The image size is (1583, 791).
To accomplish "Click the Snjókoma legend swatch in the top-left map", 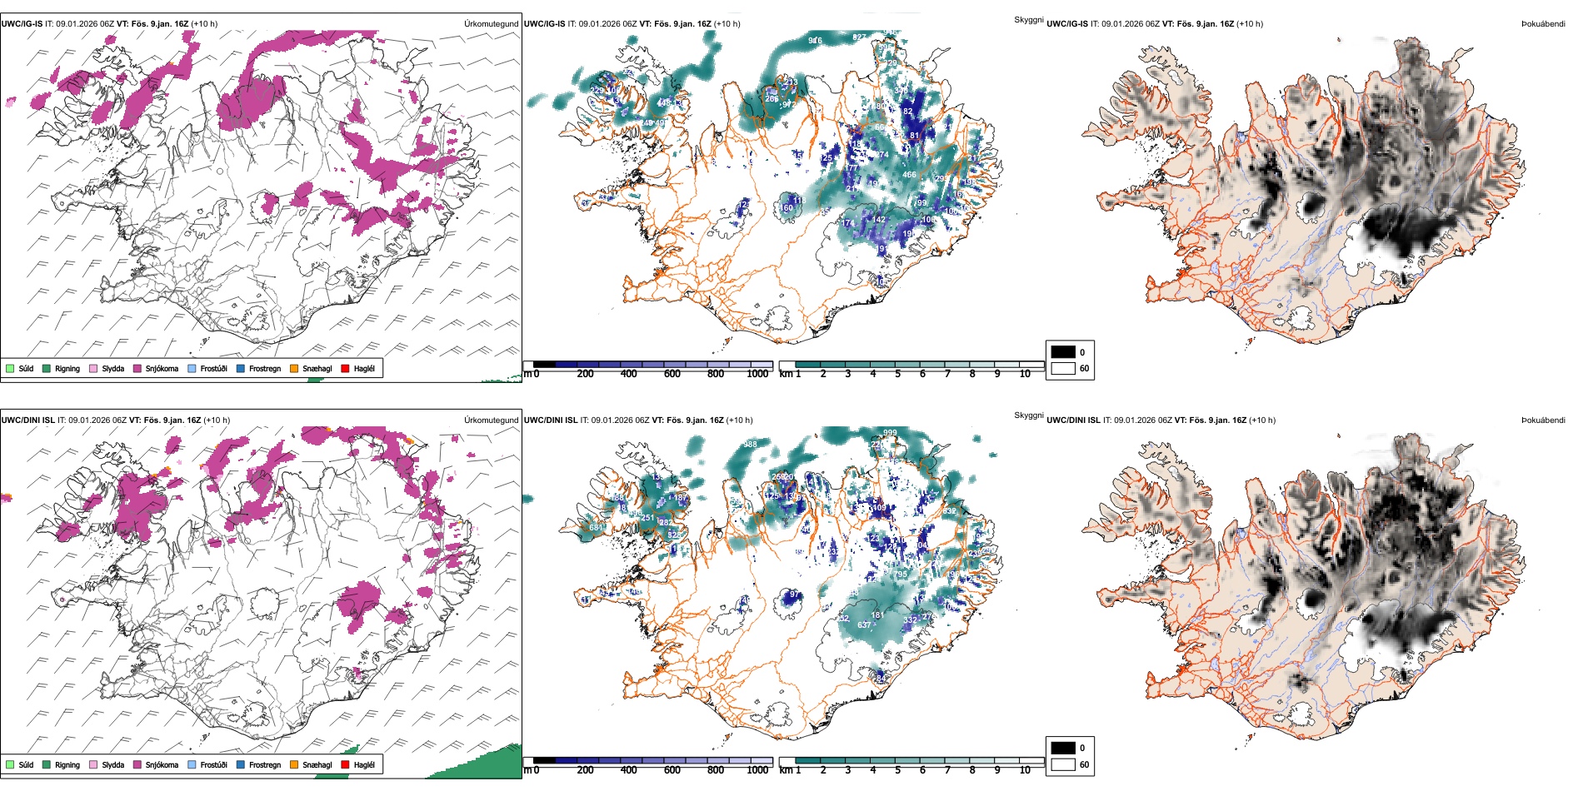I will (137, 368).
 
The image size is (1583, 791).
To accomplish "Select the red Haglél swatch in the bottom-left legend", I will (345, 764).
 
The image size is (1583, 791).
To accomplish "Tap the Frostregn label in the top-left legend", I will (264, 368).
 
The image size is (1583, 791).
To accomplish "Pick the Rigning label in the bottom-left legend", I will (67, 764).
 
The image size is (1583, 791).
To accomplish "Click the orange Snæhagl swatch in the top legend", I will (294, 368).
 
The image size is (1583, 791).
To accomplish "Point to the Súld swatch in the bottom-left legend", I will (10, 764).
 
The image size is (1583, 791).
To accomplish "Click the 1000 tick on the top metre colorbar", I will (757, 374).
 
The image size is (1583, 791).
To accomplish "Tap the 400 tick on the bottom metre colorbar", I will (629, 770).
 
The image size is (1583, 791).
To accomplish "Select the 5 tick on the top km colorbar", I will (897, 374).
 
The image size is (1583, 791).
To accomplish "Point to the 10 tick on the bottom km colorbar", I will (1025, 770).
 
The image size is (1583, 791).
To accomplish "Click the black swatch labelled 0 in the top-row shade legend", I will (1063, 352).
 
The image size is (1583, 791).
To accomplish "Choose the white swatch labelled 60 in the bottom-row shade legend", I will (1063, 764).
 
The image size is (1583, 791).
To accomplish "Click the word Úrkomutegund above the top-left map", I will (491, 24).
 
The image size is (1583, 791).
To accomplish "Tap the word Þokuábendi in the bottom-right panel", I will (1543, 420).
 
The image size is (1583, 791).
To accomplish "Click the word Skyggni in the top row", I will (1028, 19).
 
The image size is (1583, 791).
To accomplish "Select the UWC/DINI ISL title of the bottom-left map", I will (27, 420).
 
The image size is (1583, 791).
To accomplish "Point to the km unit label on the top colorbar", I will (786, 374).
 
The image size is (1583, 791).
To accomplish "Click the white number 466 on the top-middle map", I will (909, 175).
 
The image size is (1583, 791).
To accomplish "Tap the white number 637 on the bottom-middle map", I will (864, 624).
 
